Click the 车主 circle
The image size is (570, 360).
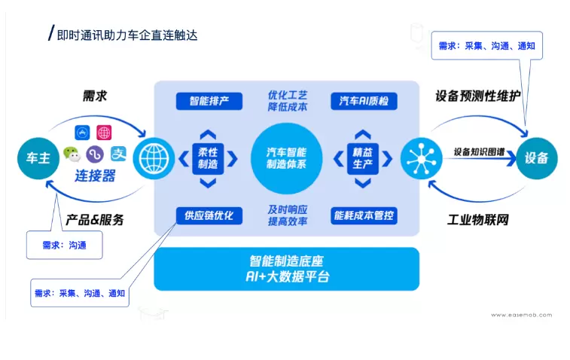[x=38, y=159]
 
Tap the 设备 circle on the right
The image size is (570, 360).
[x=537, y=159]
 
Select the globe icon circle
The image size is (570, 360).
[x=154, y=159]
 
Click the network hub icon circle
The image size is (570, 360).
[x=420, y=159]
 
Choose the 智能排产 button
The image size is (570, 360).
[x=209, y=101]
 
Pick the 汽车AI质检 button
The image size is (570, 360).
[x=364, y=101]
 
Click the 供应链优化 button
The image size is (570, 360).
[x=209, y=216]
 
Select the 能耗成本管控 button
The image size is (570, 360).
[x=364, y=216]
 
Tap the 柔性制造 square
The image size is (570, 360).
[x=209, y=159]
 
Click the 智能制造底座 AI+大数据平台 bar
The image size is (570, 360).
[x=286, y=269]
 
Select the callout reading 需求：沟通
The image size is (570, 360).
[x=63, y=245]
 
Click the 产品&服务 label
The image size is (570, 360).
[x=94, y=221]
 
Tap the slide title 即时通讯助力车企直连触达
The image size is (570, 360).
[x=126, y=35]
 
